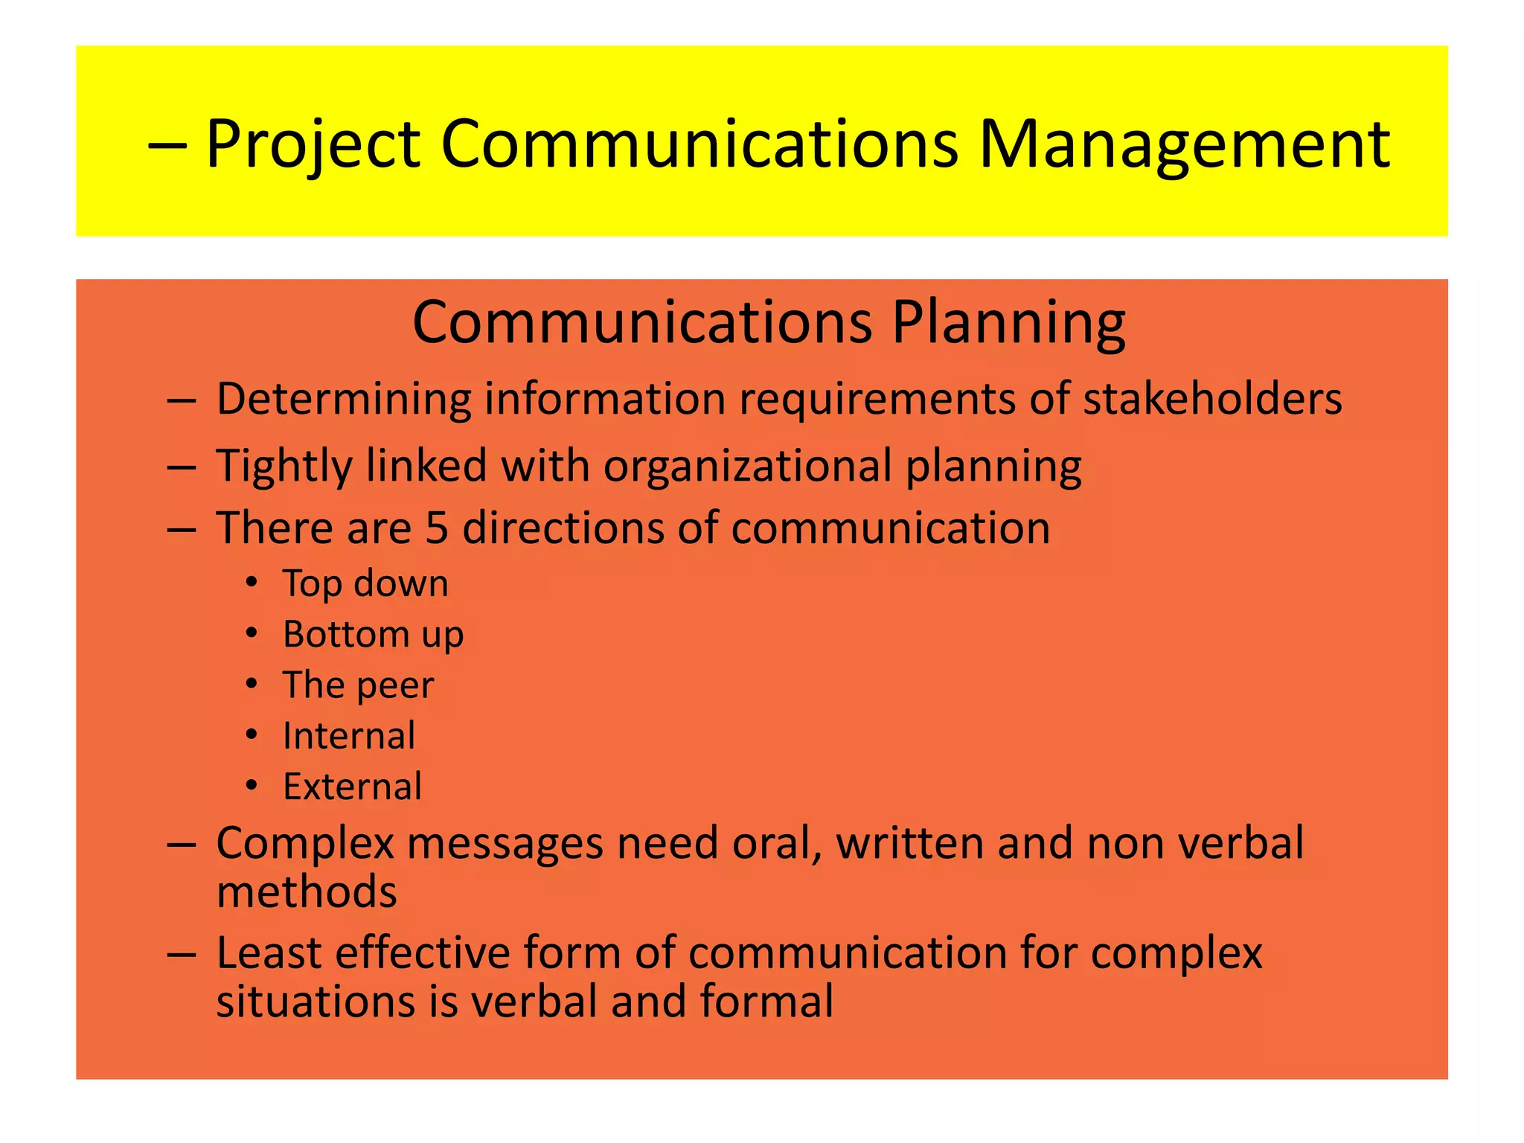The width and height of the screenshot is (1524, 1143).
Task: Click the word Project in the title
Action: pyautogui.click(x=313, y=144)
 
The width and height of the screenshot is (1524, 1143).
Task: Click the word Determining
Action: pyautogui.click(x=343, y=399)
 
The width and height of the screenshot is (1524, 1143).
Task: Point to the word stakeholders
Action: pyautogui.click(x=1212, y=399)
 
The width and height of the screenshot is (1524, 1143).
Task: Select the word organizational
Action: pyautogui.click(x=747, y=467)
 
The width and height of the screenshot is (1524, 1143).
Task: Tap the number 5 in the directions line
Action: pyautogui.click(x=437, y=528)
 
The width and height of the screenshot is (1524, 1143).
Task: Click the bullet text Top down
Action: pyautogui.click(x=365, y=583)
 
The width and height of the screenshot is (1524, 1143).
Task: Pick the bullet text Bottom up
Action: pyautogui.click(x=373, y=635)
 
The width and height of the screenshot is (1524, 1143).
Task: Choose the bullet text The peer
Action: pyautogui.click(x=358, y=685)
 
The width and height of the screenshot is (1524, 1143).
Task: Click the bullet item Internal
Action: pyautogui.click(x=348, y=736)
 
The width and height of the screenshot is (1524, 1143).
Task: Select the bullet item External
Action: pyautogui.click(x=352, y=787)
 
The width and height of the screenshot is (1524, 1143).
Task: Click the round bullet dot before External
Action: pyautogui.click(x=252, y=786)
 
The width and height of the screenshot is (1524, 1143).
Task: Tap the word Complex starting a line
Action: pyautogui.click(x=305, y=844)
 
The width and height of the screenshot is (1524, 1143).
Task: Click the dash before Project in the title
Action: pyautogui.click(x=167, y=145)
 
